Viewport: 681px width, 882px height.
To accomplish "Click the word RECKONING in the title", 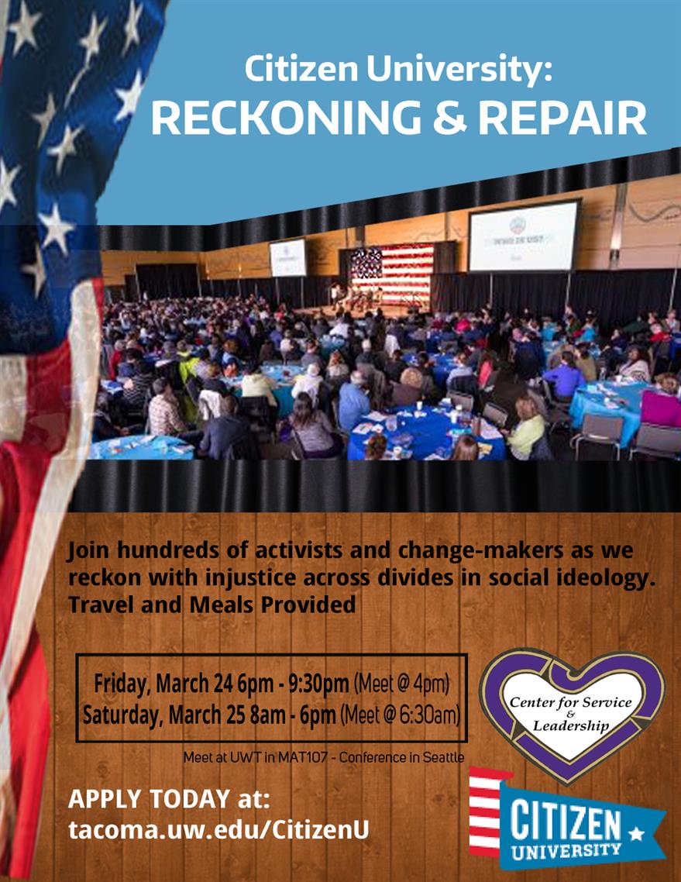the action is pyautogui.click(x=286, y=118).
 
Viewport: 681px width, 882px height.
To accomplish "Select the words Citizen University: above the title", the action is pyautogui.click(x=398, y=69).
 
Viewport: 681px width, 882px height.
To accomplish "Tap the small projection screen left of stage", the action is pyautogui.click(x=288, y=257).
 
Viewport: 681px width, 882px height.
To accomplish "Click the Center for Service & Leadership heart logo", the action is pyautogui.click(x=572, y=713).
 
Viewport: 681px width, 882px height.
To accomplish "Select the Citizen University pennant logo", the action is pyautogui.click(x=567, y=818).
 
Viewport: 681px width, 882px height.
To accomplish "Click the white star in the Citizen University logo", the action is pyautogui.click(x=636, y=832).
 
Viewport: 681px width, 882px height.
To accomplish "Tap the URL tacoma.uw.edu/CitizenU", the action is pyautogui.click(x=218, y=830).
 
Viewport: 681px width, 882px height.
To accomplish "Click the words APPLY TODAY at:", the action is pyautogui.click(x=169, y=799).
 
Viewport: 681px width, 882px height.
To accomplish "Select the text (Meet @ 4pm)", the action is pyautogui.click(x=401, y=684).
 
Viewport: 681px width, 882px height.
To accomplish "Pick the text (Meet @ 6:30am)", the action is pyautogui.click(x=401, y=715).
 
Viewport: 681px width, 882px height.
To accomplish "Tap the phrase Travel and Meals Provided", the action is pyautogui.click(x=212, y=605).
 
